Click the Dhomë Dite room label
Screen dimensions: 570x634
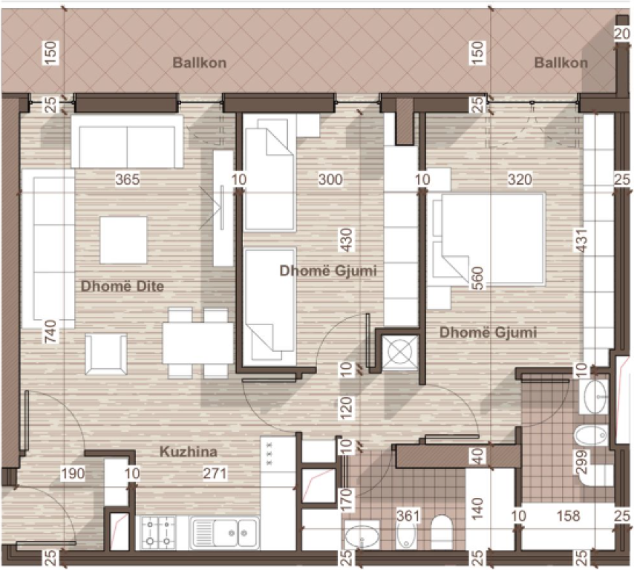(122, 286)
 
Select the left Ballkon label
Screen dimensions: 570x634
(200, 63)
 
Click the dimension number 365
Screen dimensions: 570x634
(128, 179)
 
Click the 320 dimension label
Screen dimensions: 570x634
(520, 179)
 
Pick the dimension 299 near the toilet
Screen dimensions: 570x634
(583, 462)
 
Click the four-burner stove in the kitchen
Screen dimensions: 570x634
(158, 531)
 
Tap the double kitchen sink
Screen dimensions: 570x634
(224, 532)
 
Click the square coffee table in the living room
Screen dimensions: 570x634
(123, 239)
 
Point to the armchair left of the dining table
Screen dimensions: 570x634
(105, 354)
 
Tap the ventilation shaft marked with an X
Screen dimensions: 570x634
(399, 350)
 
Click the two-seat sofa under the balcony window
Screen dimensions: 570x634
(127, 141)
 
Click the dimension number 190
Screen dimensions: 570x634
(72, 472)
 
